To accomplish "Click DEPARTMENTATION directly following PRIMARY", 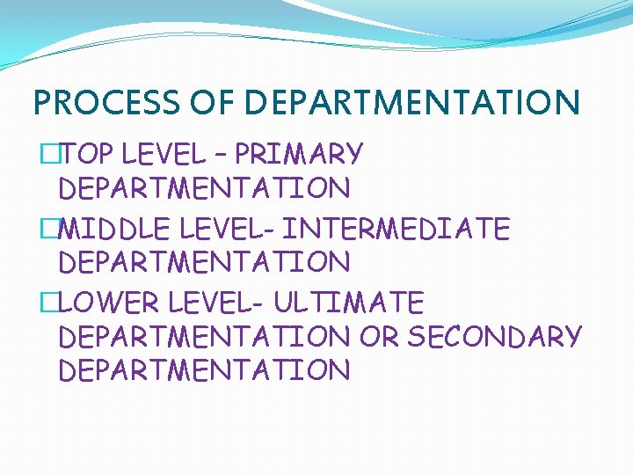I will point(204,188).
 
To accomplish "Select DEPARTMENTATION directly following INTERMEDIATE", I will point(204,262).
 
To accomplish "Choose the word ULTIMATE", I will point(349,303).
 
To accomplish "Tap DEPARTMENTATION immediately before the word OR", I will point(204,336).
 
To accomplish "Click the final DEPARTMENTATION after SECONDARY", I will point(204,369).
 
